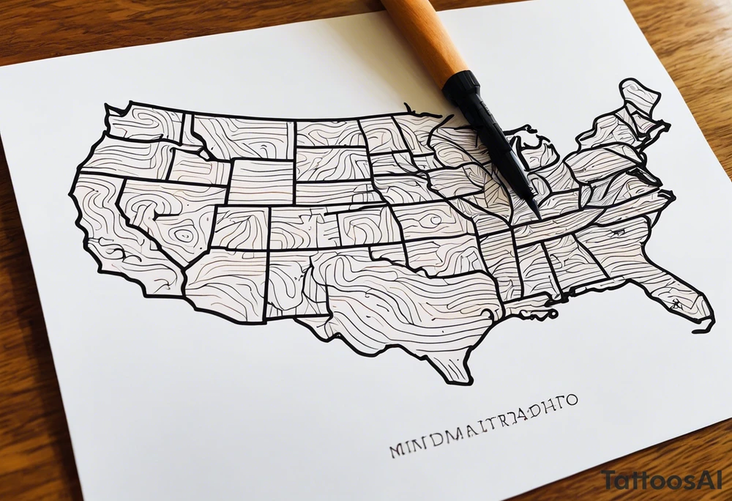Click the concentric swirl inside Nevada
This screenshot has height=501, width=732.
tap(183, 234)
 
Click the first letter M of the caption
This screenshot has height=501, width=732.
tap(398, 448)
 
